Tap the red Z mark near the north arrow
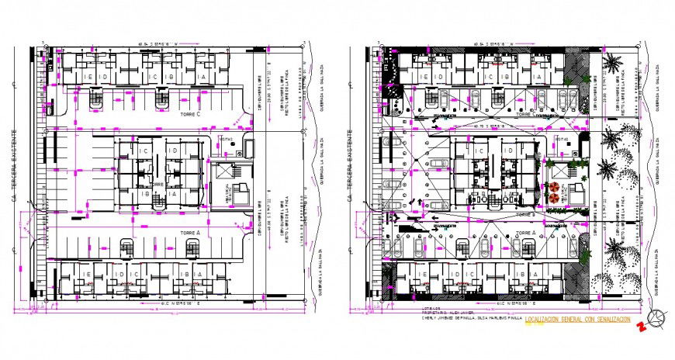point(641,326)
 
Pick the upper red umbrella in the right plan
point(555,186)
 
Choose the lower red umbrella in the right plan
point(555,198)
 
